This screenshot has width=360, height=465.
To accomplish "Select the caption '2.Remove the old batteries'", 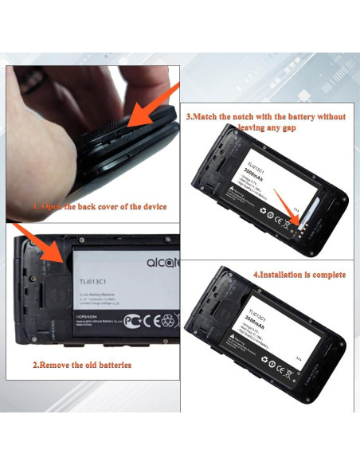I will pos(82,365).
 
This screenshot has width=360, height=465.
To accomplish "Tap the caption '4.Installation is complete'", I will pos(299,274).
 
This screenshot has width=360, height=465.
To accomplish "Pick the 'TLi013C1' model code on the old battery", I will pos(93,281).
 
